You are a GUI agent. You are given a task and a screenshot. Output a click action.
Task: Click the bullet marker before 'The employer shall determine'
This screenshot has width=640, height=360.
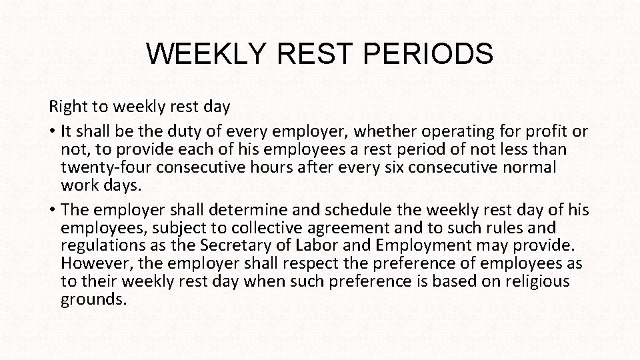click(x=52, y=211)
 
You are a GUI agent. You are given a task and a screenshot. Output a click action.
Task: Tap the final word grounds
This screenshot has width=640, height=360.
click(x=93, y=299)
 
